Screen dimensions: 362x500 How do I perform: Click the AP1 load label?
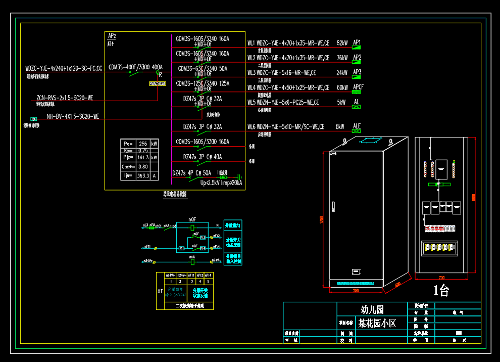click(x=357, y=42)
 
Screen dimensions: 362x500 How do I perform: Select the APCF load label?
click(x=358, y=87)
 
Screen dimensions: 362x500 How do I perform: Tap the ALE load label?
click(x=357, y=126)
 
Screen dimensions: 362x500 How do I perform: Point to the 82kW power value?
click(x=342, y=43)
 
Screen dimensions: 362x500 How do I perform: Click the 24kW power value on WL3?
click(x=342, y=73)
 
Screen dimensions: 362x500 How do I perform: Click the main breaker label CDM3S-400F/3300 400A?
click(x=135, y=67)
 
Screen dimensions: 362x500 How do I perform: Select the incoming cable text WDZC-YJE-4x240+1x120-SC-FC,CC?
click(x=64, y=68)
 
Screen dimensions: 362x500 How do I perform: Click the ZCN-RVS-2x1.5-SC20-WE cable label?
click(x=65, y=98)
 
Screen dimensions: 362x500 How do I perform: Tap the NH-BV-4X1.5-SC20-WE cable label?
click(x=73, y=116)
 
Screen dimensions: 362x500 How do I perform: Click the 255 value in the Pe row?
click(x=143, y=144)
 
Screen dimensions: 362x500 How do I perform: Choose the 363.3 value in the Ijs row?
click(x=143, y=175)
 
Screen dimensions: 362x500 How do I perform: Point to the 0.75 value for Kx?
click(x=143, y=151)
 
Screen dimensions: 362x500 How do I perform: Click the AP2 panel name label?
click(x=112, y=36)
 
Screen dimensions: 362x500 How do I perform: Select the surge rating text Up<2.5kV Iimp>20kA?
click(x=221, y=183)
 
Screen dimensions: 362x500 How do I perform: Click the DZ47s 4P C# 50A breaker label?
click(x=191, y=173)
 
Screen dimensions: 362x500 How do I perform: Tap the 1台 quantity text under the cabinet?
click(x=441, y=291)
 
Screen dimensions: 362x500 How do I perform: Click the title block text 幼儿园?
click(x=372, y=309)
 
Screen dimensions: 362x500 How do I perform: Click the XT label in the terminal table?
click(x=161, y=292)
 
